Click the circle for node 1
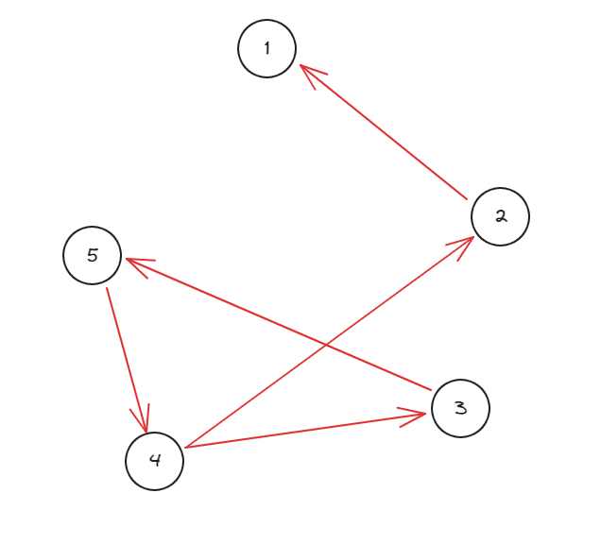[267, 48]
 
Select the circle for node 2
[500, 216]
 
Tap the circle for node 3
[460, 408]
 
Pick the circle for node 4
[154, 461]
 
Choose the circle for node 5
[93, 255]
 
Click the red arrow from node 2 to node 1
[384, 132]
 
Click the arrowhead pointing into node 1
[306, 72]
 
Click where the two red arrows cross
[327, 345]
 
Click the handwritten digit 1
[267, 47]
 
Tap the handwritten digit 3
[460, 408]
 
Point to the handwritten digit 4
[155, 461]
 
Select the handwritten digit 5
[93, 255]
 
